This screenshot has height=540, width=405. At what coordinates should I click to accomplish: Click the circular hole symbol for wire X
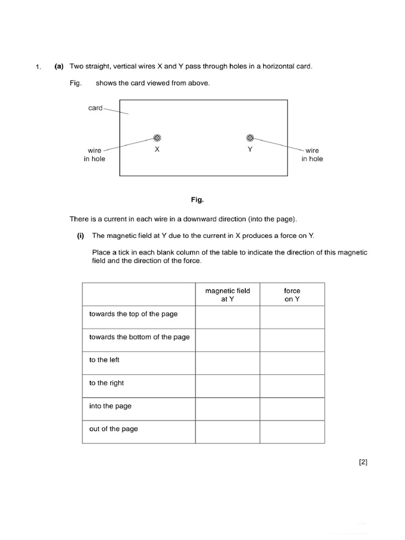[x=157, y=138]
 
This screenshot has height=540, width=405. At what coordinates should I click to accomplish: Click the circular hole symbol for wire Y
[x=250, y=138]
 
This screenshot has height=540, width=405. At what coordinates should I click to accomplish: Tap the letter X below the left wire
[x=157, y=149]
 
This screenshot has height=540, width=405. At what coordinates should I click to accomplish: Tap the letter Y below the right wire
[x=250, y=149]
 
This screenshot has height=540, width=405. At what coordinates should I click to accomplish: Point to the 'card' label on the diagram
[x=95, y=108]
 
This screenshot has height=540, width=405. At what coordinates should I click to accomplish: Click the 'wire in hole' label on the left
[x=94, y=155]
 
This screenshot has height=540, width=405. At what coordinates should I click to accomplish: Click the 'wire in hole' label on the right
[x=312, y=155]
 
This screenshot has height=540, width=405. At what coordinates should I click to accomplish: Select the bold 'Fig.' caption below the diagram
[x=197, y=200]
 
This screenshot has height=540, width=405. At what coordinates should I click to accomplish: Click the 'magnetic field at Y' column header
[x=228, y=294]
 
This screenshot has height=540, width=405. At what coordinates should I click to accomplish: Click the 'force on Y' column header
[x=292, y=294]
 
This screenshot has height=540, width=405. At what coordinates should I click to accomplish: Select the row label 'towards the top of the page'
[x=133, y=314]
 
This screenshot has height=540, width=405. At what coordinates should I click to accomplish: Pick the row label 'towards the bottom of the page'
[x=139, y=337]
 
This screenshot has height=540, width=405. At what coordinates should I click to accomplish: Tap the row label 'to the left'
[x=104, y=360]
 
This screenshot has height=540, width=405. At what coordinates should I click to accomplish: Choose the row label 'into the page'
[x=110, y=406]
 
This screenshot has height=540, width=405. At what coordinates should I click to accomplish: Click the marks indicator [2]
[x=363, y=462]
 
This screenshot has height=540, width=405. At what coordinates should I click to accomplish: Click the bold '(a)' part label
[x=59, y=66]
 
